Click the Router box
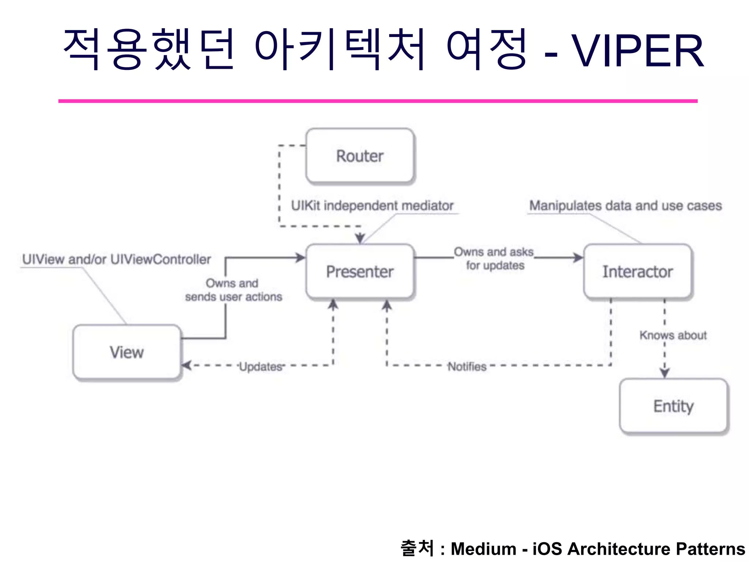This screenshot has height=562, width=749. coord(360,156)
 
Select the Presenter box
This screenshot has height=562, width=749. coord(360,271)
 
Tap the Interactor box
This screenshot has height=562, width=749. coord(637,271)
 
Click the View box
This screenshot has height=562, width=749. coord(127,352)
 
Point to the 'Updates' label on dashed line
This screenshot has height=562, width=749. coord(261,366)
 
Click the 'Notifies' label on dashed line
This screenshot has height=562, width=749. coord(467,366)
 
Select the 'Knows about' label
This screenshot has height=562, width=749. coord(673,335)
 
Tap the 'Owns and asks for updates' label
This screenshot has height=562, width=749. coord(494,258)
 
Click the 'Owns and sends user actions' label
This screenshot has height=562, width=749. coord(233,290)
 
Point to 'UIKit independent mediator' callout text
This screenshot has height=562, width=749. coord(372,206)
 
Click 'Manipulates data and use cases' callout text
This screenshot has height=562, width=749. coord(625,206)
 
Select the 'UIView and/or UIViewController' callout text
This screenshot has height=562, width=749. coord(116,259)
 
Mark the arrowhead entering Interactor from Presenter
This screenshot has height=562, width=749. coord(578,258)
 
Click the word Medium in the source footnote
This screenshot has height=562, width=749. coord(483,549)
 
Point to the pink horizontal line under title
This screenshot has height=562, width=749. coord(377,101)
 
